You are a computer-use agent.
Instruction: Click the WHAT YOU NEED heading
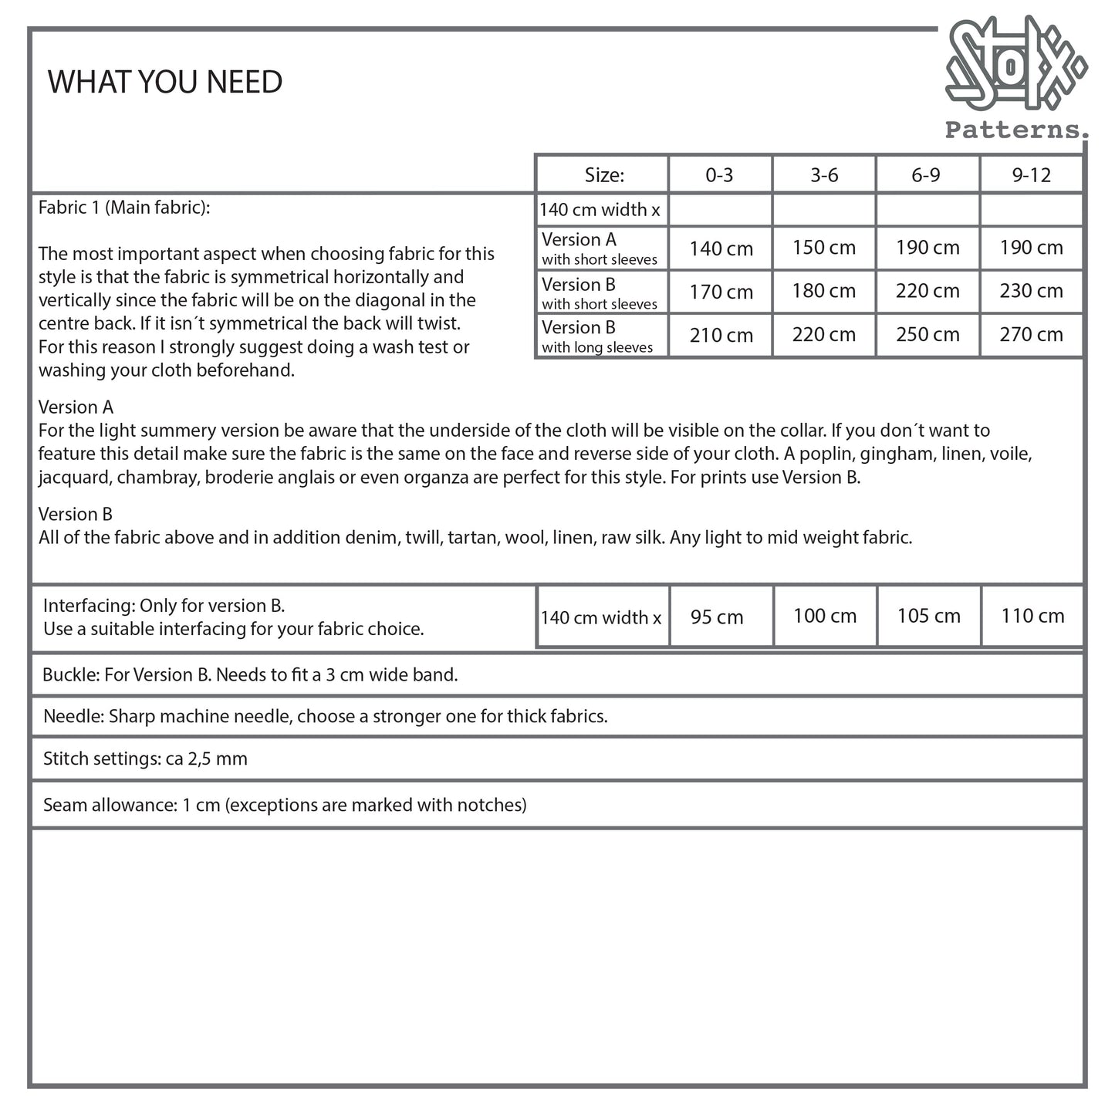point(165,82)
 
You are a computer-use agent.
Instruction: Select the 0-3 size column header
point(719,175)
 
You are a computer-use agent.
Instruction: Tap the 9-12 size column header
point(1032,175)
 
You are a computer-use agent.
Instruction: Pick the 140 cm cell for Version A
point(721,248)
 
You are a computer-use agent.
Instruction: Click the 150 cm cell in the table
point(824,248)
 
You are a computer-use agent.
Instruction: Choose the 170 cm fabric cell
point(721,292)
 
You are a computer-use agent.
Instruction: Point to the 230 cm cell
point(1032,291)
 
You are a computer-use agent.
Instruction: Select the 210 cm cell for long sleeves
point(721,335)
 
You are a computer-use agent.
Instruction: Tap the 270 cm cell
point(1032,334)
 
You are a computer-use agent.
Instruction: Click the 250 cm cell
point(927,334)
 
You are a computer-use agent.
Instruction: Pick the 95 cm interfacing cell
point(717,617)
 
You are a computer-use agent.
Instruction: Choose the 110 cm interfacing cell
point(1032,616)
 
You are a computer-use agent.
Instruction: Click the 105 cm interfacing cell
point(928,616)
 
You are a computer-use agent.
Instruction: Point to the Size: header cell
point(604,175)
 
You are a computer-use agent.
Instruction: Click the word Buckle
point(70,675)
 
